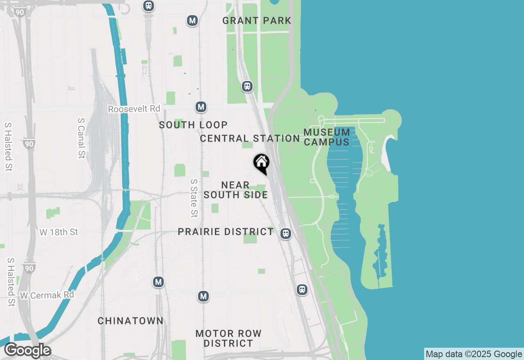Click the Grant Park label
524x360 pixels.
coord(257,20)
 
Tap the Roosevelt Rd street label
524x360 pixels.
coord(134,109)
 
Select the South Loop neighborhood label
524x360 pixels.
coord(193,125)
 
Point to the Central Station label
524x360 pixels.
coord(250,139)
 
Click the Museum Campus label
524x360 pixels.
coord(327,137)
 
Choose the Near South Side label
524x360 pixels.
coord(235,190)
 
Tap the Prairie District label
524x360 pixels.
coord(226,232)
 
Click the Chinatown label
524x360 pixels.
coord(131,321)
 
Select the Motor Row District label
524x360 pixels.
coord(228,338)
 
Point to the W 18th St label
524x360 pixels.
coord(59,232)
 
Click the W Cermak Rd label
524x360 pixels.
coord(47,295)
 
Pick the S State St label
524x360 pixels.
coord(194,198)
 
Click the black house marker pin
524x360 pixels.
coord(261,163)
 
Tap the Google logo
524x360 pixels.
coord(27,351)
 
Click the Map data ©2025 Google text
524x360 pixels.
coord(474,354)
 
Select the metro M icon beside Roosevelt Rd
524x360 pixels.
coord(201,107)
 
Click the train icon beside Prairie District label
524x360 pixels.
coord(286,234)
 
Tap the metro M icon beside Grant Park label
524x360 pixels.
coord(192,20)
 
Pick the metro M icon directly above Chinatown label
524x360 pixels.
coord(158,282)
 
